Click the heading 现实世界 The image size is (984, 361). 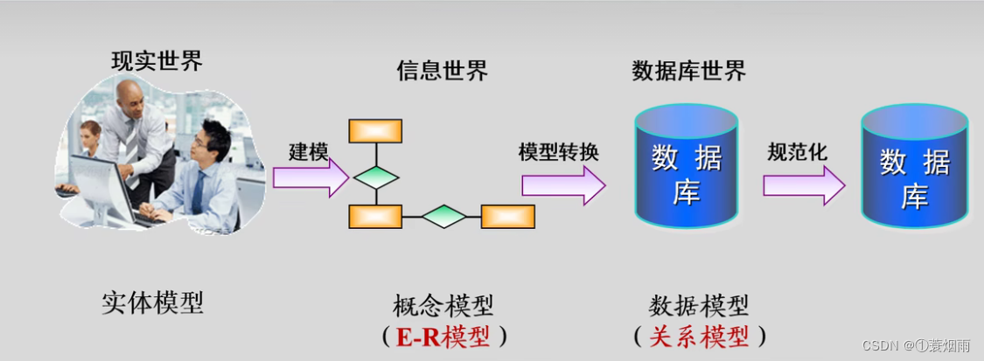157,62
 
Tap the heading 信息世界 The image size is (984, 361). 443,71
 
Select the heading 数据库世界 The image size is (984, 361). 689,71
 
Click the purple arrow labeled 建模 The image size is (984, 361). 311,177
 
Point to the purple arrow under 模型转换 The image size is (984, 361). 562,184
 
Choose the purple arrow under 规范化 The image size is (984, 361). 803,184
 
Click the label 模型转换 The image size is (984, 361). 558,151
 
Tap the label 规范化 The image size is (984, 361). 798,151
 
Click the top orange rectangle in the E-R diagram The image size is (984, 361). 375,130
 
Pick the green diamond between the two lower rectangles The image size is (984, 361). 443,216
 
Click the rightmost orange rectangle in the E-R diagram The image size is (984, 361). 508,216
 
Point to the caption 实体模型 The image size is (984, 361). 152,303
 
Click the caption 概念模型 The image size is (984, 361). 443,307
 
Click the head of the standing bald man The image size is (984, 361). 130,96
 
